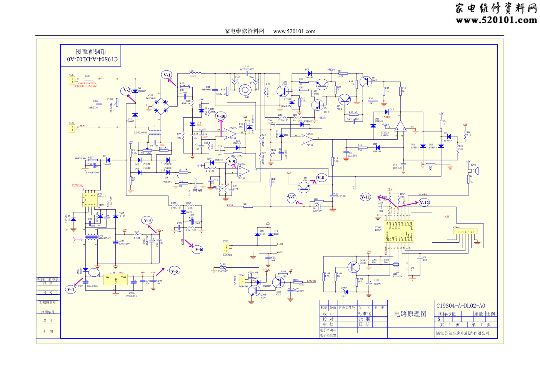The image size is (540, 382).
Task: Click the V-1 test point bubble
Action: tap(167, 75)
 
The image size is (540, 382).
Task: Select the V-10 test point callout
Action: tap(221, 116)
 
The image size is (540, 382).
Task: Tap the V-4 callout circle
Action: tap(71, 289)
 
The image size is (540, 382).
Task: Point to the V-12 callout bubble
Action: tap(424, 203)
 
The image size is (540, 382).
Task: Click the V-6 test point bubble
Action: tap(198, 249)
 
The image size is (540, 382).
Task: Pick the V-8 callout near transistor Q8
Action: tap(321, 177)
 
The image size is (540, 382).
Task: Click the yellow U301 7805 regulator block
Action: tap(115, 280)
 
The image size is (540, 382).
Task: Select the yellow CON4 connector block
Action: tap(465, 232)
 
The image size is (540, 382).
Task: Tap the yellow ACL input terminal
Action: tap(72, 80)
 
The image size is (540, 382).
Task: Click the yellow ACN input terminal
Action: tap(72, 128)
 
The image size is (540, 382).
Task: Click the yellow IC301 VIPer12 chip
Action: tap(90, 200)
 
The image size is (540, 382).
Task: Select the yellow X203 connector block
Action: tap(227, 248)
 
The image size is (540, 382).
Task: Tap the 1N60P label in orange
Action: tap(386, 117)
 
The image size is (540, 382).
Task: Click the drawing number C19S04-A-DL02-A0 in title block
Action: tap(460, 306)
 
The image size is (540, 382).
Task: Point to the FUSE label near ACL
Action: tap(87, 76)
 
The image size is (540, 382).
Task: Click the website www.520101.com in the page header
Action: tap(294, 32)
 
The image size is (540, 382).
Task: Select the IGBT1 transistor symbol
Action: tap(283, 92)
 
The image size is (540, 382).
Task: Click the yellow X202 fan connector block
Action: tap(243, 281)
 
